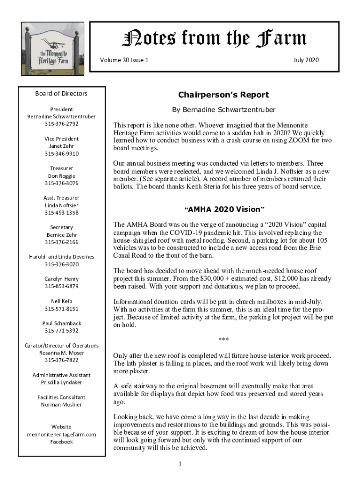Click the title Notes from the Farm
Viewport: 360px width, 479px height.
[214, 38]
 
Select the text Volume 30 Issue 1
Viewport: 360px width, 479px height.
[124, 60]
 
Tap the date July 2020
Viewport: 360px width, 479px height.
[306, 60]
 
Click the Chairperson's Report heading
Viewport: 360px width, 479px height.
[223, 95]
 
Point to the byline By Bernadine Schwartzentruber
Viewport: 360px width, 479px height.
[224, 110]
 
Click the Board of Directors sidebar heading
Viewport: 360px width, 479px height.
[61, 94]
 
